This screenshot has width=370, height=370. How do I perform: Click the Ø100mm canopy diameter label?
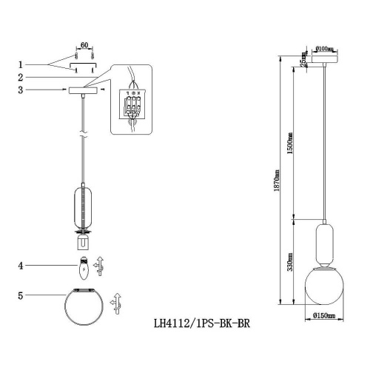pos(325,48)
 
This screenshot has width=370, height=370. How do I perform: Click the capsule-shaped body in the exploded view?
pos(84,204)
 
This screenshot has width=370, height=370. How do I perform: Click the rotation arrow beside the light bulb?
pos(103,265)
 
